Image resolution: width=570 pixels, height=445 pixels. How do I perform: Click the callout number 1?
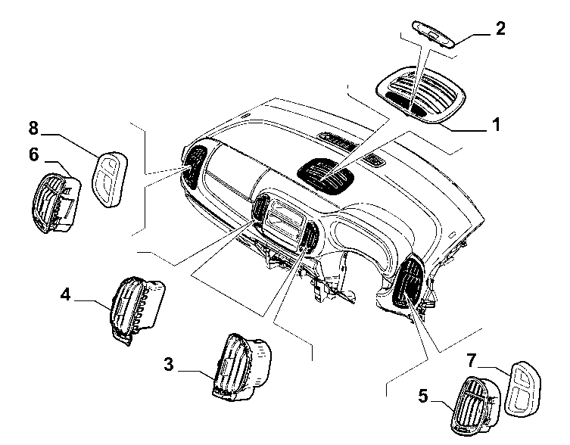coord(496,124)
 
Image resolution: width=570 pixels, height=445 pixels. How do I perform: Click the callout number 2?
coord(500,28)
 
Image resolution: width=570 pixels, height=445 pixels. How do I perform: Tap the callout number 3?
coord(169,364)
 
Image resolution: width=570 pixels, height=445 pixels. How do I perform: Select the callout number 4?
coord(65,294)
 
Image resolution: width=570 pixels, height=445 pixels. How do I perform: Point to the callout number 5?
coord(423,396)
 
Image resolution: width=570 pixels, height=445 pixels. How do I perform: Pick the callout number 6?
coord(34,154)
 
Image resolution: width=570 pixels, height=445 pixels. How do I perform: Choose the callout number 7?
coord(472,360)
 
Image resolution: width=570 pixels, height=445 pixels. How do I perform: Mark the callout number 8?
coord(33,128)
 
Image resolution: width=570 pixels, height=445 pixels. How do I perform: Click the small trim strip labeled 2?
coord(433,34)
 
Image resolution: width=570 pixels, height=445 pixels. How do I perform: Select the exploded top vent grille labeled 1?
coord(421,95)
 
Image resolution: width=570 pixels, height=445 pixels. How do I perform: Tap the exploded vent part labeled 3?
coord(241,367)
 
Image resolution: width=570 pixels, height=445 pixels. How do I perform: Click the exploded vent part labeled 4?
coord(137,310)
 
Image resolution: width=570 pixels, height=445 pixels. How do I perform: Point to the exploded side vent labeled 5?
coord(475,406)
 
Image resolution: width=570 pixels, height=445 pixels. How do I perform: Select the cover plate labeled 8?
coord(111,179)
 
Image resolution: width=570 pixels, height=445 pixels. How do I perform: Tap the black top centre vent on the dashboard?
coord(325,176)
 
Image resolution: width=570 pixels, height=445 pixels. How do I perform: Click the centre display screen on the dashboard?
coord(283,222)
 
